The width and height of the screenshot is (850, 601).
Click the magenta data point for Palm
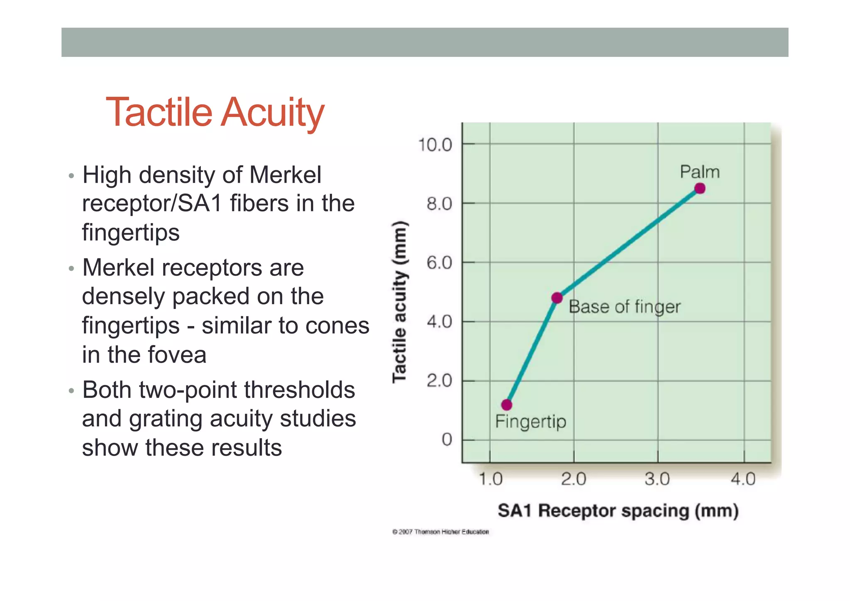[x=700, y=189]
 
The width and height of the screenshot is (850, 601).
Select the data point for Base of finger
[x=557, y=298]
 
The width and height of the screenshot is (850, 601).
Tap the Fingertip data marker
[x=507, y=405]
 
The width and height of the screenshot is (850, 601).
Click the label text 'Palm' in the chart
[x=700, y=172]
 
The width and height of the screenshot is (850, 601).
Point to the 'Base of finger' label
[x=624, y=307]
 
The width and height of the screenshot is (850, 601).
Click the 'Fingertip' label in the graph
[x=530, y=422]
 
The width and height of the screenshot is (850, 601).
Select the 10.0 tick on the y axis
[x=435, y=145]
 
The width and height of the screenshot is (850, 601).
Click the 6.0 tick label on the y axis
[x=439, y=263]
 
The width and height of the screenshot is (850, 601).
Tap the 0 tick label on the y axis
[x=447, y=439]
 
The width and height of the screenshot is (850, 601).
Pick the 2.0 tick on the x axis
[x=574, y=479]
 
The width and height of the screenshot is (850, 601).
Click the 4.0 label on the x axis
[x=743, y=479]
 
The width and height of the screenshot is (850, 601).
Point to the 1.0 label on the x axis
[x=491, y=479]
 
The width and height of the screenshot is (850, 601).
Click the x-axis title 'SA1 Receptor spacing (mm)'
[x=618, y=510]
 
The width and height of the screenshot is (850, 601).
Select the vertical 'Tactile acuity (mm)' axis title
[x=400, y=302]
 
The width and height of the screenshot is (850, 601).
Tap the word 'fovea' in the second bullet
[x=177, y=355]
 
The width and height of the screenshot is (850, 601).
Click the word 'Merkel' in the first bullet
[x=285, y=174]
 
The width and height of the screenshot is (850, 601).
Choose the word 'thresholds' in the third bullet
[x=299, y=390]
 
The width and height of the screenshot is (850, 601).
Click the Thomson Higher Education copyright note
[x=440, y=532]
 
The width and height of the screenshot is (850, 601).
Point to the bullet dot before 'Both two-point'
[x=71, y=391]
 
